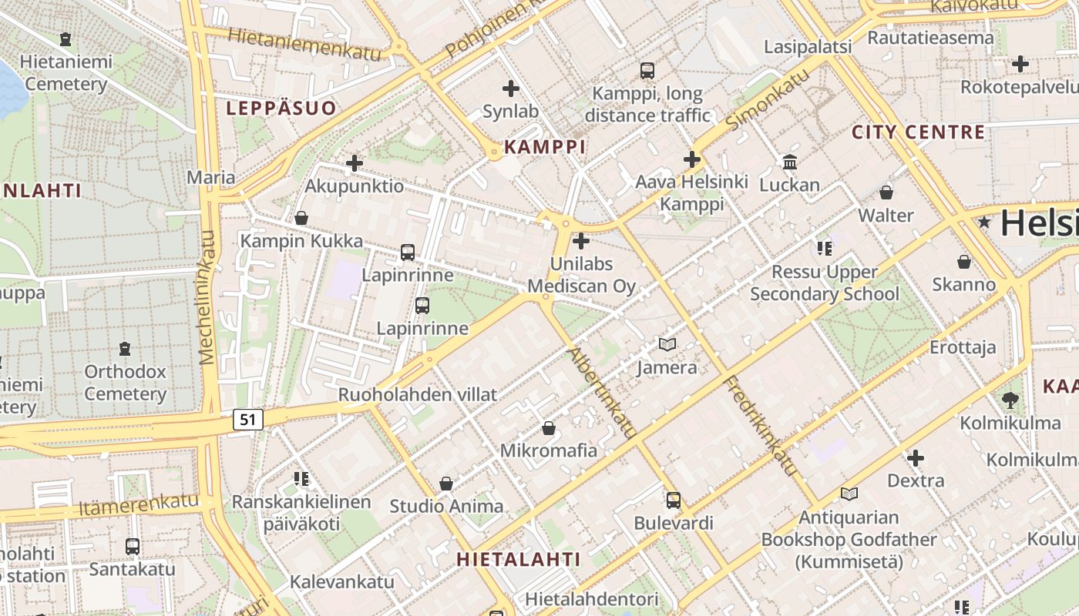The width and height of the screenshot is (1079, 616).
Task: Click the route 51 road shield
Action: [247, 420]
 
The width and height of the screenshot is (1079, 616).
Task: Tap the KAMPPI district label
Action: [545, 146]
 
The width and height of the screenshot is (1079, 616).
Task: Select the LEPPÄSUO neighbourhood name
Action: [281, 109]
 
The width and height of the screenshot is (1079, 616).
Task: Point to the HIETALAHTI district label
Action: [518, 559]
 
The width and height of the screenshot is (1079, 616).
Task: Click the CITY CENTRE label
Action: [918, 132]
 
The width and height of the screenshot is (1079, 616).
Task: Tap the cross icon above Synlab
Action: [510, 89]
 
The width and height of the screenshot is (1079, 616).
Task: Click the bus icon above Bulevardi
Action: [674, 500]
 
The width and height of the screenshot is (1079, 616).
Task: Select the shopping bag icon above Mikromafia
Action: [549, 427]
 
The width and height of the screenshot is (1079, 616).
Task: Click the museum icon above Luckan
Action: [790, 162]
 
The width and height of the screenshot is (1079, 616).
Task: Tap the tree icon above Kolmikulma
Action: [1010, 400]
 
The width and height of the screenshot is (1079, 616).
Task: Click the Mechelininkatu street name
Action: [207, 297]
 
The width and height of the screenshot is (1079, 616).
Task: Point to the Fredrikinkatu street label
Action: [760, 426]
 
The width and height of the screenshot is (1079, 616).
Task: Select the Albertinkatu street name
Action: [601, 393]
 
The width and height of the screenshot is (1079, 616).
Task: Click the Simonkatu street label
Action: [767, 98]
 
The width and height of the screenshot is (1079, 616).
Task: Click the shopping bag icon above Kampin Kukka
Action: [301, 218]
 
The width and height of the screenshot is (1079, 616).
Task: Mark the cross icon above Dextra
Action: [916, 459]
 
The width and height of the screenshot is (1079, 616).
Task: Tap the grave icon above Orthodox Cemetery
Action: [125, 349]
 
